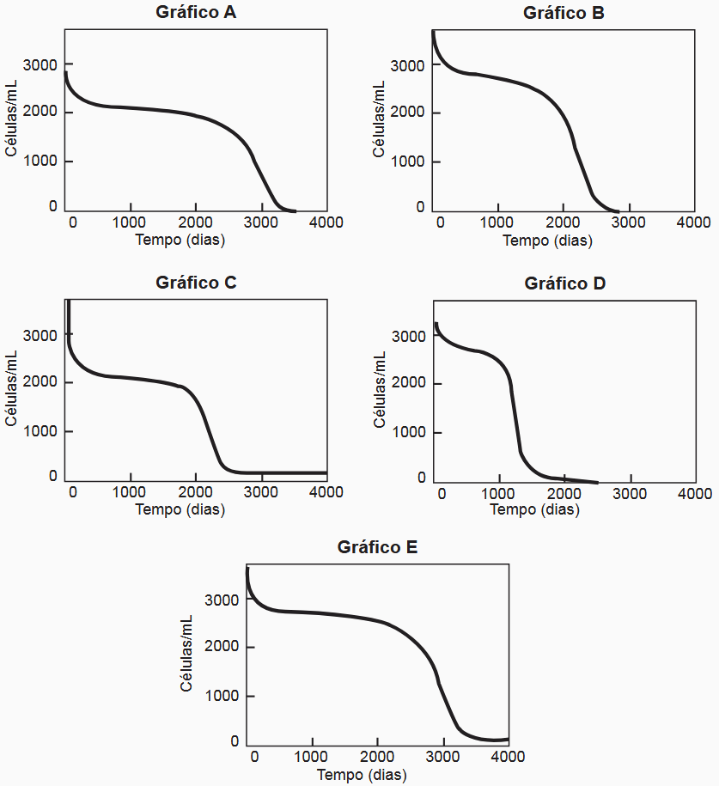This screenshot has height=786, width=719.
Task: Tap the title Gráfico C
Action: (197, 283)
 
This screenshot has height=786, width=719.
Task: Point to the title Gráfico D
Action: (564, 283)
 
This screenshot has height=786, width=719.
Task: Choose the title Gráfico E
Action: (378, 546)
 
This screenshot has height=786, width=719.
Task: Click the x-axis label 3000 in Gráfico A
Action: (261, 222)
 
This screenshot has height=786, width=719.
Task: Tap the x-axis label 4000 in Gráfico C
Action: (326, 492)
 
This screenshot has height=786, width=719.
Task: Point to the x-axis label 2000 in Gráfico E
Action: (377, 756)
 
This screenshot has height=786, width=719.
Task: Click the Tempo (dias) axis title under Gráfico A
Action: (180, 240)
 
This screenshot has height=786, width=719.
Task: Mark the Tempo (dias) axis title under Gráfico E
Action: (362, 774)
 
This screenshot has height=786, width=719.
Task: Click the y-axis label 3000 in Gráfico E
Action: (222, 600)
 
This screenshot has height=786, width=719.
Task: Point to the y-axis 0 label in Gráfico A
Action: (53, 206)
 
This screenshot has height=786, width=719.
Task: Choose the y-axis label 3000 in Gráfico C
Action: (40, 335)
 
